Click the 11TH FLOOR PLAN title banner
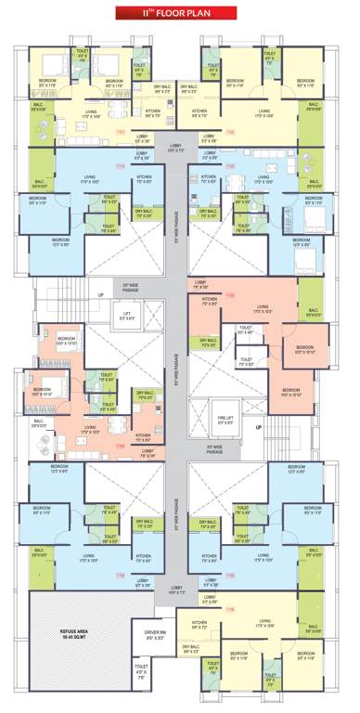point(180,14)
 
